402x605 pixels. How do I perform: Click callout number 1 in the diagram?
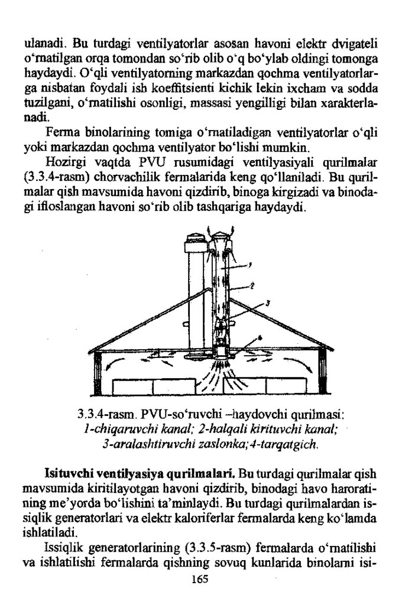point(250,265)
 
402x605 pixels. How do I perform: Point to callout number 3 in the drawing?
point(267,304)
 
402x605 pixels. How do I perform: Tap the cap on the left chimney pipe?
point(194,239)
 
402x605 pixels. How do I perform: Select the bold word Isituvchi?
point(68,474)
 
